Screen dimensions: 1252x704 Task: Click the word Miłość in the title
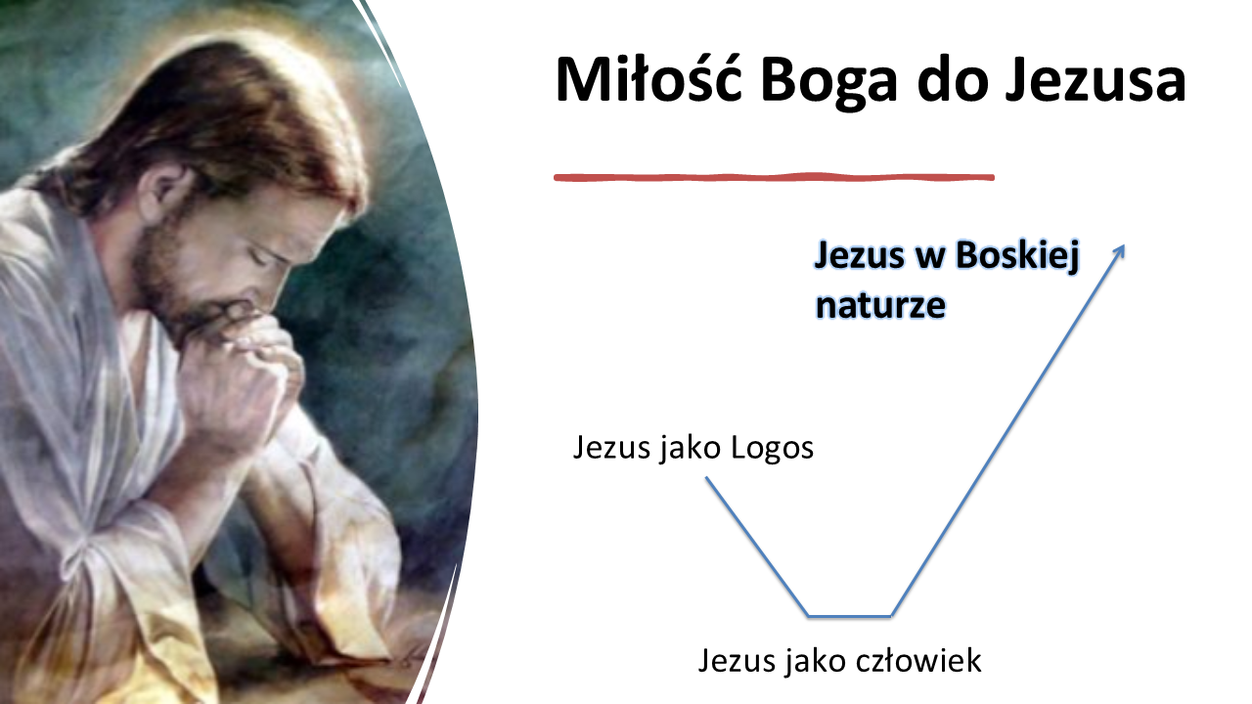click(x=648, y=79)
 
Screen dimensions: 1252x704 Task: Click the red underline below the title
click(x=774, y=178)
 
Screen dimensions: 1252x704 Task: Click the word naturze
click(x=881, y=305)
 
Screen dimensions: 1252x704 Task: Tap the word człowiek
click(x=918, y=660)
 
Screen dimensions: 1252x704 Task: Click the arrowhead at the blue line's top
click(x=1120, y=251)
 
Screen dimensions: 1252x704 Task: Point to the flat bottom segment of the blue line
click(x=850, y=616)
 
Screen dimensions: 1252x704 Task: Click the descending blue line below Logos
click(x=757, y=547)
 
